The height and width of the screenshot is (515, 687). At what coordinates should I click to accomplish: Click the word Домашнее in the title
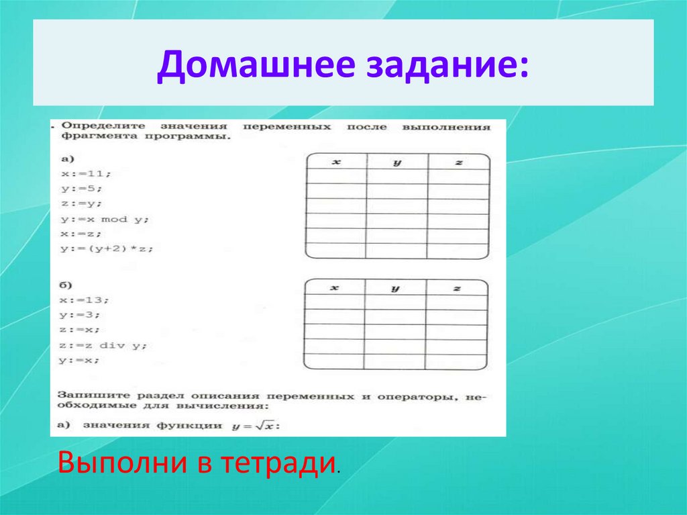click(x=248, y=67)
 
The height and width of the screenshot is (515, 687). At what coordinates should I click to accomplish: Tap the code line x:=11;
click(x=85, y=173)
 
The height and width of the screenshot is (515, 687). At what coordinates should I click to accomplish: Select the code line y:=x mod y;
click(x=105, y=219)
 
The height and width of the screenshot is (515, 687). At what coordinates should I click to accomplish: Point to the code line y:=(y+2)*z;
click(x=107, y=249)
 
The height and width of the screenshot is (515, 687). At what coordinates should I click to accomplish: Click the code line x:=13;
click(x=85, y=299)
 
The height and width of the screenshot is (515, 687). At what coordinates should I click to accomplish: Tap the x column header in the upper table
click(x=336, y=162)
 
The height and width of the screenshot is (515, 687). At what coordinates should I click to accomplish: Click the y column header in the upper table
click(x=397, y=162)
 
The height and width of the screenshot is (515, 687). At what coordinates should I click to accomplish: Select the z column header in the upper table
click(x=458, y=162)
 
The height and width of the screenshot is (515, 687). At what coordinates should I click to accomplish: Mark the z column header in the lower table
click(x=456, y=288)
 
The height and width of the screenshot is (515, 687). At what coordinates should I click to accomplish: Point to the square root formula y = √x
click(x=254, y=425)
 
